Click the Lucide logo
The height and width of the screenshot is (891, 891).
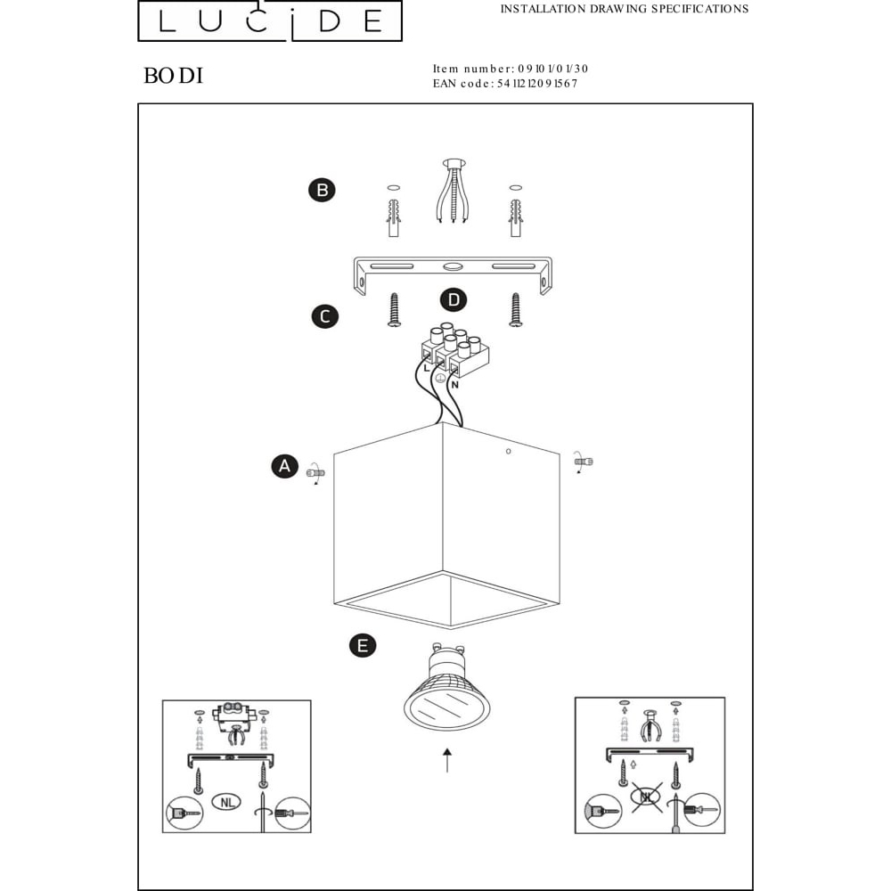tap(270, 21)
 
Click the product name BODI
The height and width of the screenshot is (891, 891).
tap(174, 76)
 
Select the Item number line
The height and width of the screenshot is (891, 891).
tap(511, 69)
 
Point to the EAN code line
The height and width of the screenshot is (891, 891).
tap(504, 84)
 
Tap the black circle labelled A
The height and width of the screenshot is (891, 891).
tap(285, 466)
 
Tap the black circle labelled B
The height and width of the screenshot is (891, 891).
tap(323, 190)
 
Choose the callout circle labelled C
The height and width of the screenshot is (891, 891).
tap(325, 316)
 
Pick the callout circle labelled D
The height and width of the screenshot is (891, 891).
tap(454, 300)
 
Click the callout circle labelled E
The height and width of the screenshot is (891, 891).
tap(363, 645)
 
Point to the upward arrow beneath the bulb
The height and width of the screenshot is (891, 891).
tap(448, 760)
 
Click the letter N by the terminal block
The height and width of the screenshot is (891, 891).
tap(455, 385)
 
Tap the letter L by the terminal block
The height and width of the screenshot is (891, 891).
tap(427, 369)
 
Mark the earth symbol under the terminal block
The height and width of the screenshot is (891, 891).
tap(440, 379)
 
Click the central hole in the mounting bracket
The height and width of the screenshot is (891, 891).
tap(453, 266)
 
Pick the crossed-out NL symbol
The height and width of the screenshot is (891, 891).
tap(647, 797)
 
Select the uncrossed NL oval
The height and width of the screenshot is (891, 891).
tap(226, 802)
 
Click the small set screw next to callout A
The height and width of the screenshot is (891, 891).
tap(315, 472)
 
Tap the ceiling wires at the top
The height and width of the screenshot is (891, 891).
tap(453, 192)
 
